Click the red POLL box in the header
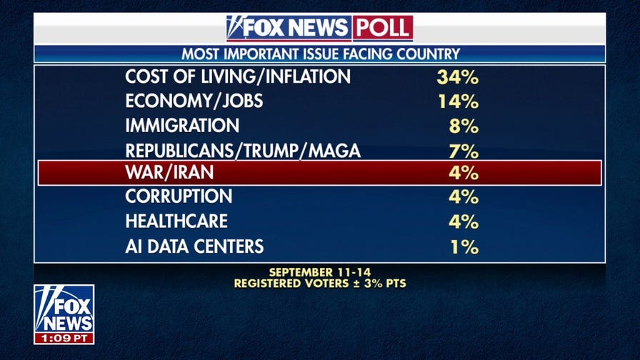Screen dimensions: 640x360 [382, 28]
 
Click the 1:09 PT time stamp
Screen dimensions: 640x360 [64, 338]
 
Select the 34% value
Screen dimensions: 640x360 [457, 77]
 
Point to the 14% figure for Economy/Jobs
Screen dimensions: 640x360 [458, 101]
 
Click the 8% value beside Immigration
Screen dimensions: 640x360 [464, 126]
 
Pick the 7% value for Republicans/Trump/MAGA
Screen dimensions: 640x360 [464, 151]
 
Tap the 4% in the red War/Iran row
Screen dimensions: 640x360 [464, 173]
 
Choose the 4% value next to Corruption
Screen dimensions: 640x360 [464, 196]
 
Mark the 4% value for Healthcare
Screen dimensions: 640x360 [464, 221]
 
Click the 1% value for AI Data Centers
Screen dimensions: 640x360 [464, 247]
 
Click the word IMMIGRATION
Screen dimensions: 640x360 [182, 125]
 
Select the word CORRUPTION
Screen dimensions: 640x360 [179, 196]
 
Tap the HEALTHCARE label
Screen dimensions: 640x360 [176, 221]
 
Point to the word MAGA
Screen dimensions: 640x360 [334, 151]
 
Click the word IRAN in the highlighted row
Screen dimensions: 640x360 [192, 172]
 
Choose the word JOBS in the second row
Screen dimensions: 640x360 [242, 101]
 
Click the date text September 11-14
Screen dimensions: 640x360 [320, 272]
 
